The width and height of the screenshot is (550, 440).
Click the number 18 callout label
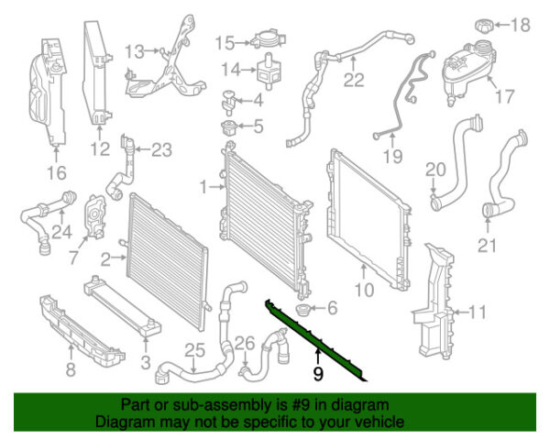coord(520,25)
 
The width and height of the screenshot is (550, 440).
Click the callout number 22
coord(354,81)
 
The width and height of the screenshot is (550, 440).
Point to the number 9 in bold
coord(318,373)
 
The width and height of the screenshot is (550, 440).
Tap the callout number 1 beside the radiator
coord(204,187)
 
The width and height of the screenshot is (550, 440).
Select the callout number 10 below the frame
coord(364,292)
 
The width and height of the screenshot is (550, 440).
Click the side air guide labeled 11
coord(431,302)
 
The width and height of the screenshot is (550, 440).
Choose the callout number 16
coord(57,171)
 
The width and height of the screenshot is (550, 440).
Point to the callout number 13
coord(135,49)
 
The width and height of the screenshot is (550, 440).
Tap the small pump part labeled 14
coord(270,68)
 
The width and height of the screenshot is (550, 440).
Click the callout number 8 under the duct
coord(69,371)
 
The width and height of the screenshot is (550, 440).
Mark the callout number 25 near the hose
coord(193,348)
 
